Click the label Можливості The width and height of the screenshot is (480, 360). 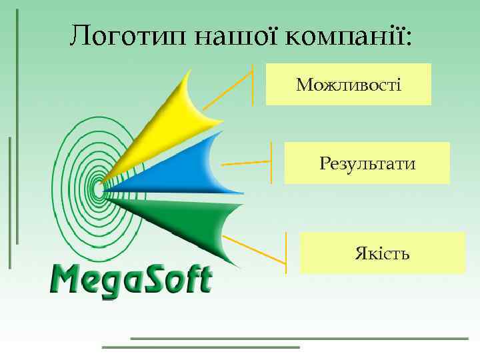pyautogui.click(x=349, y=85)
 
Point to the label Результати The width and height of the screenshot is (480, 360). pyautogui.click(x=367, y=163)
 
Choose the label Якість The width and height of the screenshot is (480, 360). pyautogui.click(x=382, y=253)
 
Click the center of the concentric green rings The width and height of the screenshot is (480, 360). pyautogui.click(x=99, y=189)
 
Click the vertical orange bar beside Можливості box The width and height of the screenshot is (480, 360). pyautogui.click(x=253, y=84)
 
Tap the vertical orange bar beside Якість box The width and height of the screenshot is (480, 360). pyautogui.click(x=286, y=253)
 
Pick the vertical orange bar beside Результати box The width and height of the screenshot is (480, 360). pyautogui.click(x=271, y=163)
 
